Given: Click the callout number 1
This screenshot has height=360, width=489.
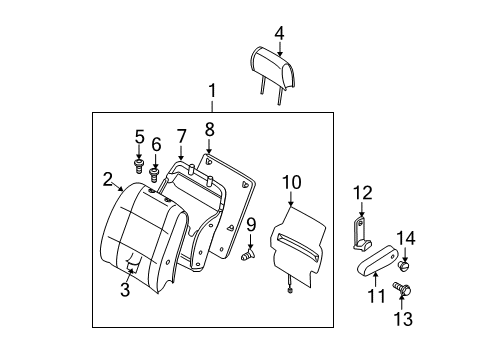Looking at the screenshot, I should pos(212,93).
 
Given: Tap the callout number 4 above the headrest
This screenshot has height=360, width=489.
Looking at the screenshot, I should pos(280,34).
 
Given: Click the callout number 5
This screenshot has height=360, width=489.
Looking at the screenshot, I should pos(139,136).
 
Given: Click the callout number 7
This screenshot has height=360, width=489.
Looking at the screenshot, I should pos(181,135).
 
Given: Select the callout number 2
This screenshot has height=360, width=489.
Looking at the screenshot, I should pos(107,179).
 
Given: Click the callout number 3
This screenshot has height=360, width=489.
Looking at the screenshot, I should pos(125,290).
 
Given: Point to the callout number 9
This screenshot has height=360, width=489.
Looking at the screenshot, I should pos(252,224).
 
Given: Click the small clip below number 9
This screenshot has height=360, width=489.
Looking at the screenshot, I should pos(246,258).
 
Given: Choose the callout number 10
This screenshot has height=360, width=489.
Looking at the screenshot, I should pos(290,181).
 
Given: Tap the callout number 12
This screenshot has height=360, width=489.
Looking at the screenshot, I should pos(361,192).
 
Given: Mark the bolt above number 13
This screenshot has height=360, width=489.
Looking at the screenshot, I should pos(402,289).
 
